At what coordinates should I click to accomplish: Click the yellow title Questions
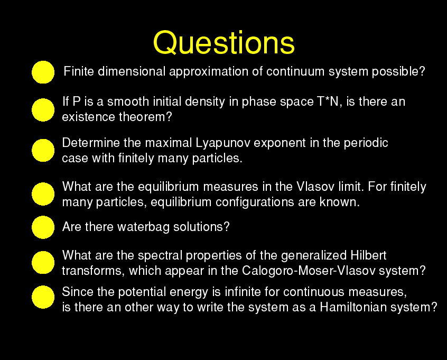(224, 43)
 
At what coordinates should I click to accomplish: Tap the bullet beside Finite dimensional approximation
(43, 72)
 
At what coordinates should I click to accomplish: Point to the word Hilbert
(368, 255)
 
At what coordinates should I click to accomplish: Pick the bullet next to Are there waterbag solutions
(43, 227)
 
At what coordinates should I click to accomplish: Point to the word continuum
(295, 71)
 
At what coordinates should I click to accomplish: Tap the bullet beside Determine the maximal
(43, 150)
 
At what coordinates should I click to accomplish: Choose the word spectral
(160, 255)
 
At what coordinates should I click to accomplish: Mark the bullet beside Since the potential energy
(43, 297)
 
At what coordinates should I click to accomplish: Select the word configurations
(255, 202)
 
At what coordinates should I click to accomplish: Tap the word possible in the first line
(398, 71)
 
